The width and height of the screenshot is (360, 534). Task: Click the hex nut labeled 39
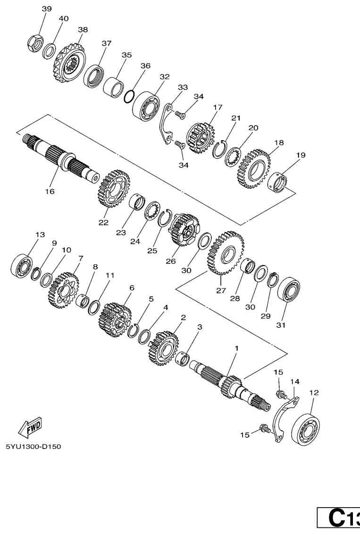[35, 43]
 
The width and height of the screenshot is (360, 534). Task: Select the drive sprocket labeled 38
[69, 65]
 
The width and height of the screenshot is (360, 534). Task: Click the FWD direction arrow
[30, 427]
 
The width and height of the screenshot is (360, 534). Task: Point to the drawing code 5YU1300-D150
[33, 446]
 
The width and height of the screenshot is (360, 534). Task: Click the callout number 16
[50, 192]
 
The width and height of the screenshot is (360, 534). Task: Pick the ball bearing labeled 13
[21, 265]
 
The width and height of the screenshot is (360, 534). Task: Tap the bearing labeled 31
[289, 292]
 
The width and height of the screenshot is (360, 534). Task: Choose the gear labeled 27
[226, 253]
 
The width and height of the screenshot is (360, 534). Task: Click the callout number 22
[103, 222]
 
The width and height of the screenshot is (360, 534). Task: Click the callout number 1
[237, 348]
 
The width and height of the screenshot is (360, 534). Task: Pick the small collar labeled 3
[183, 358]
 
